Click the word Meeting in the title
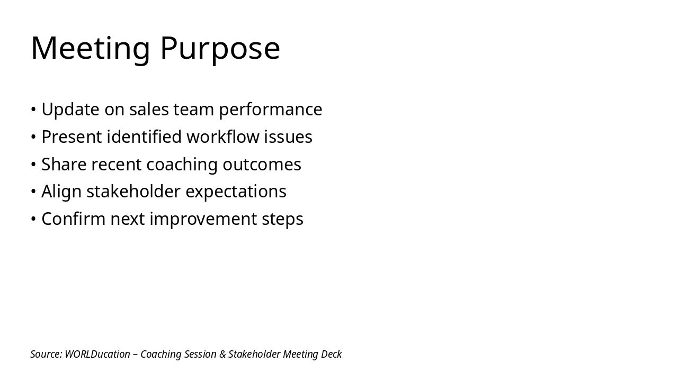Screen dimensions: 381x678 (91, 48)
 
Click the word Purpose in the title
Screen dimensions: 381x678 (220, 48)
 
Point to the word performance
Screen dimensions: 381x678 (270, 110)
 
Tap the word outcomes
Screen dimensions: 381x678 (262, 165)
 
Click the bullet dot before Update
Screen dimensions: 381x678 (33, 110)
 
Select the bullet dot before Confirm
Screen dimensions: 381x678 (33, 219)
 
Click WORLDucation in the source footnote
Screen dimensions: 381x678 (97, 354)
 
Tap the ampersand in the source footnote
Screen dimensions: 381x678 (222, 354)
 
